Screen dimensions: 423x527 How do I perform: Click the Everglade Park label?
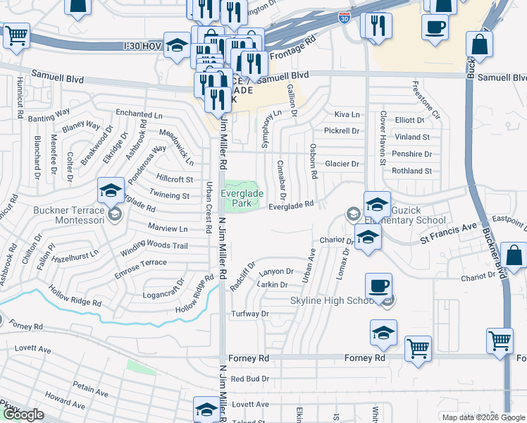pos(242,198)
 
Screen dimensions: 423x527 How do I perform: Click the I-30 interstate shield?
pos(343,17)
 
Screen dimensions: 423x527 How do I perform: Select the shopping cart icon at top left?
pos(16,35)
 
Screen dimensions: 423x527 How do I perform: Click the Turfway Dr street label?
pos(251,314)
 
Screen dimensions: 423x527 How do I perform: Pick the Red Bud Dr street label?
pos(250,379)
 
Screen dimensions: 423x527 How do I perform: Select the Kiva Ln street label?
pos(347,114)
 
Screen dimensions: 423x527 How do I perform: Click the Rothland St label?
pos(411,171)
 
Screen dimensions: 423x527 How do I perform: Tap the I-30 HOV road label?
pos(142,46)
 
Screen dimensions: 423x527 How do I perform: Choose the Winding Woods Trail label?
pos(154,246)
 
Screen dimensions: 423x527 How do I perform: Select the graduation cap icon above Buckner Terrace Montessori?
pos(111,191)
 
